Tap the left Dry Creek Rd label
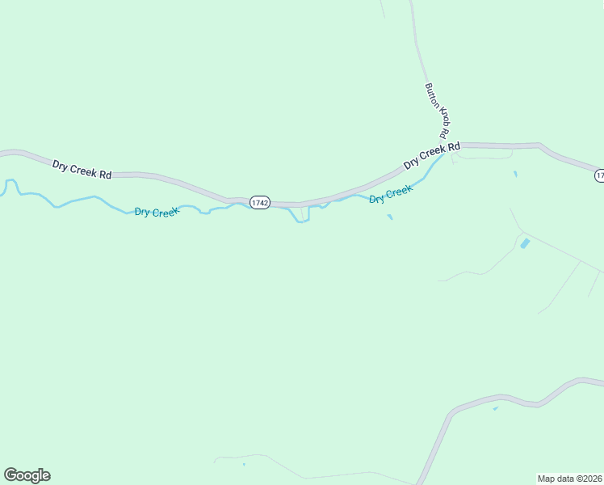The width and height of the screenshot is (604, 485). click(x=82, y=169)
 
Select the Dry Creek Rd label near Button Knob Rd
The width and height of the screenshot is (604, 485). click(x=432, y=154)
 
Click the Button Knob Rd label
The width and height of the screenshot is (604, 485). click(x=436, y=110)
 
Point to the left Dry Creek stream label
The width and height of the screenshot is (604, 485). click(x=156, y=212)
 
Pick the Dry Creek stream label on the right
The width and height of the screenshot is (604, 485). click(x=391, y=194)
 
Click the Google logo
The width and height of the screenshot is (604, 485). click(x=27, y=475)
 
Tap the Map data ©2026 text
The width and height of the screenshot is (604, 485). click(x=570, y=478)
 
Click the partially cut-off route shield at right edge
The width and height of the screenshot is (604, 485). click(x=599, y=175)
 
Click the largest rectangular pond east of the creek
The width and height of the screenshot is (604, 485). click(x=525, y=242)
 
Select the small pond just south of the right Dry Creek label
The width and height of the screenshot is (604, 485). click(x=390, y=217)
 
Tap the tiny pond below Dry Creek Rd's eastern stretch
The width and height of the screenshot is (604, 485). click(x=515, y=173)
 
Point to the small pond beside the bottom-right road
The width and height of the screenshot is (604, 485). click(x=496, y=408)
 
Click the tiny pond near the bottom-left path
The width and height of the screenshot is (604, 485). click(x=243, y=464)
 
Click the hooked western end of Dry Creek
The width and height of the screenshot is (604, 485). click(x=10, y=185)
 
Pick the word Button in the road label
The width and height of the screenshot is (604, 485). click(x=432, y=95)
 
